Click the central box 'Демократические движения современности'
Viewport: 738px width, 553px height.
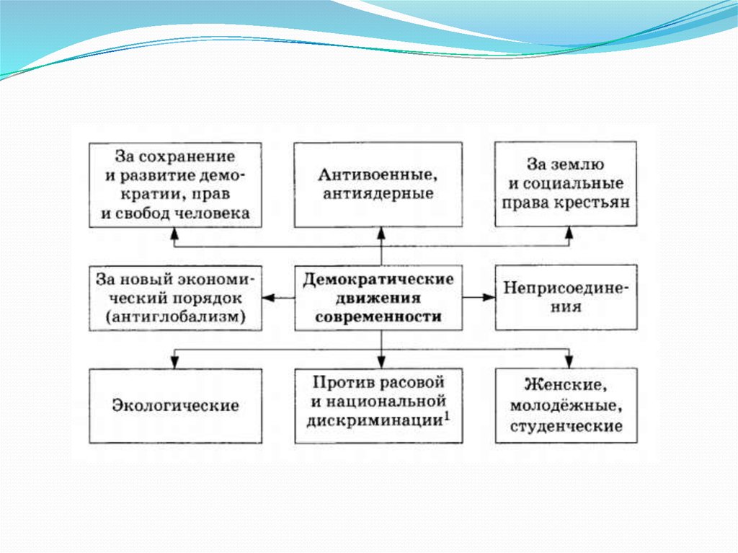pos(379,298)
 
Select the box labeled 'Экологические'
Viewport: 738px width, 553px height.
pos(175,405)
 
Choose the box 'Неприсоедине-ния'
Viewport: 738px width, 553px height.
pos(566,298)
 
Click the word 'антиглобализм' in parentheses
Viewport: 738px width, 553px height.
pos(175,317)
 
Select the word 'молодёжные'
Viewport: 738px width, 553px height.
pos(566,407)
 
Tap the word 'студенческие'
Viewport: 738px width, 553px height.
pos(566,426)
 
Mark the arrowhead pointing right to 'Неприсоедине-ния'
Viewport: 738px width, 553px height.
pos(489,298)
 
